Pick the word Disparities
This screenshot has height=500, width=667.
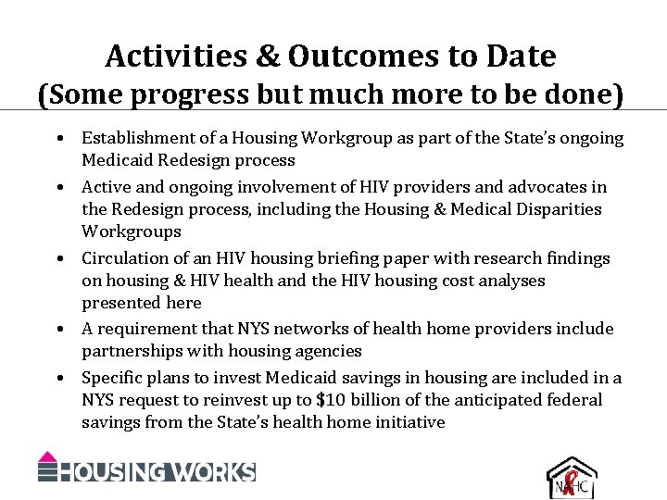556,209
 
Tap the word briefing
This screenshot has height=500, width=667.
317,258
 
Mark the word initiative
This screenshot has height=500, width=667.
409,422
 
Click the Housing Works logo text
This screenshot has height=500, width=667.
157,471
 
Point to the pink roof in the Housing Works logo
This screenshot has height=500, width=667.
48,456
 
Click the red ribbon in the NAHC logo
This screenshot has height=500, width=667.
571,483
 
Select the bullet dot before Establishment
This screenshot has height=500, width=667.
58,139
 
